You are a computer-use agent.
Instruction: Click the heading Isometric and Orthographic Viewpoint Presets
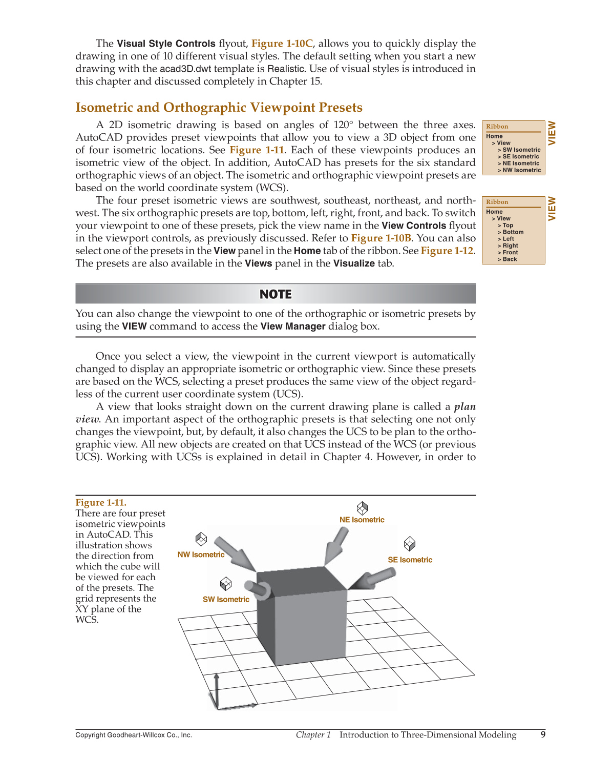click(219, 108)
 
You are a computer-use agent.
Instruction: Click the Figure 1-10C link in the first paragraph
click(282, 44)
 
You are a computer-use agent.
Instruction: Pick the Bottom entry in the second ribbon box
click(513, 232)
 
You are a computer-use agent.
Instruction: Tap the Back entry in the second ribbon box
click(510, 259)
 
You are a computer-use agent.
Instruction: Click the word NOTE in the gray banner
click(276, 294)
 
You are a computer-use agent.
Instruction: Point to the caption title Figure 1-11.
click(101, 503)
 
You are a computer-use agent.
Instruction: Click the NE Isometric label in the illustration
click(362, 520)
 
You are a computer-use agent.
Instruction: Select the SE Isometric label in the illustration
click(410, 560)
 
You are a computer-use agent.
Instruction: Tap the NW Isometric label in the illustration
click(201, 555)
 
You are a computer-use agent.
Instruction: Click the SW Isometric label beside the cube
click(226, 599)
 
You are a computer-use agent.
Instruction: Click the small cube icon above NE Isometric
click(362, 508)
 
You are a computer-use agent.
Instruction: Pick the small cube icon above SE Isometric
click(409, 543)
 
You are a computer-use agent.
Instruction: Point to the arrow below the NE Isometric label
click(336, 545)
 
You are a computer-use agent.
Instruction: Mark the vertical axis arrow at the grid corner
click(217, 689)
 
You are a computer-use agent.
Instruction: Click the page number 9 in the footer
click(543, 735)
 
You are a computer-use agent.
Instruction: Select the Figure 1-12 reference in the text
click(447, 251)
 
